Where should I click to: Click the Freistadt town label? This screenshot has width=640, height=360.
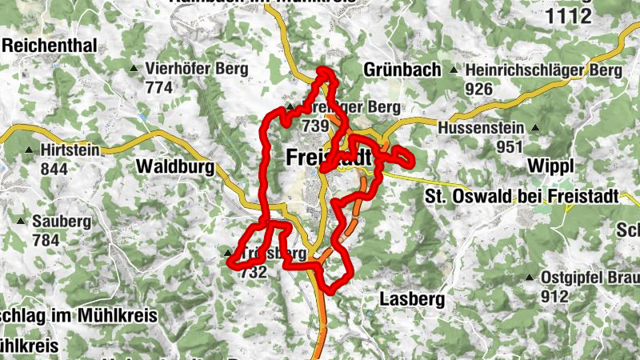coord(329,158)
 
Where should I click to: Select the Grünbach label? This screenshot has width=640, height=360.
coord(402,70)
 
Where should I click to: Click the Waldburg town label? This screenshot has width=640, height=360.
coord(176,166)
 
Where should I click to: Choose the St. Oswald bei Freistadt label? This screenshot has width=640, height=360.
coord(522,196)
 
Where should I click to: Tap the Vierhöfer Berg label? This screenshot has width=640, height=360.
coord(197,69)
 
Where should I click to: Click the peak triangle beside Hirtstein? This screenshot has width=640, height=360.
coord(30,150)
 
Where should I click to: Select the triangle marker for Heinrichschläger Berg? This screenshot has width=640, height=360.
coord(454,70)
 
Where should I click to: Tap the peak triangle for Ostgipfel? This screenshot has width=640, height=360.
coord(530,278)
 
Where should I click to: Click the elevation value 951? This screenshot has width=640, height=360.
coord(509,146)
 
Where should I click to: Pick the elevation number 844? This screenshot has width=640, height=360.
coord(54,169)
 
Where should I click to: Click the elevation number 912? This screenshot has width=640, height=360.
coord(554,296)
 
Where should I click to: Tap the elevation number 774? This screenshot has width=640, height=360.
coord(159,88)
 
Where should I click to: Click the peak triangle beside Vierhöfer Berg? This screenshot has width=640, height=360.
coord(134,70)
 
